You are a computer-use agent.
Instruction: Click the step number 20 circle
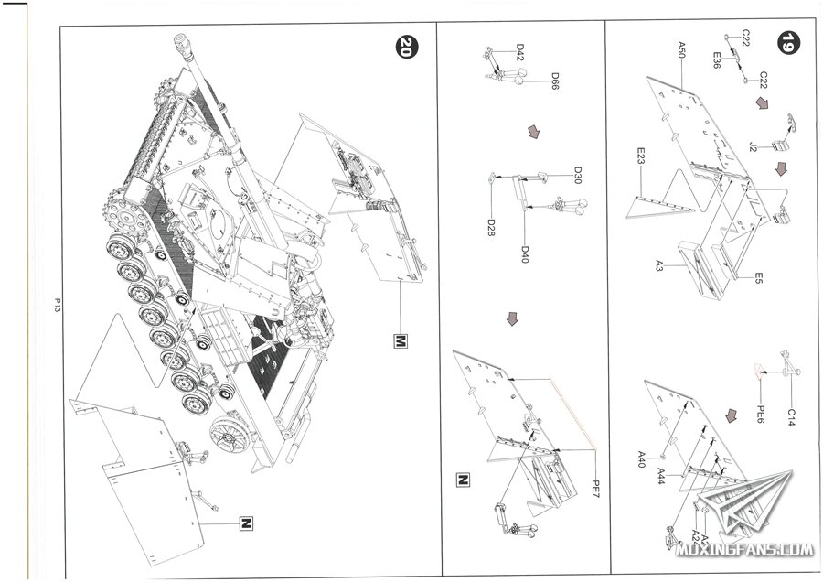[403, 47]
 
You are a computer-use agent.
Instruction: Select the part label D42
[519, 52]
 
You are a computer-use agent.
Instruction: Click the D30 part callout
[578, 176]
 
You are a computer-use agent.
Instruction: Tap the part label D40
[525, 253]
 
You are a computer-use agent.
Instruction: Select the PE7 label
[593, 482]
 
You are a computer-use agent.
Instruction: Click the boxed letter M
[399, 341]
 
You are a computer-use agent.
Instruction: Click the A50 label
[681, 49]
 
